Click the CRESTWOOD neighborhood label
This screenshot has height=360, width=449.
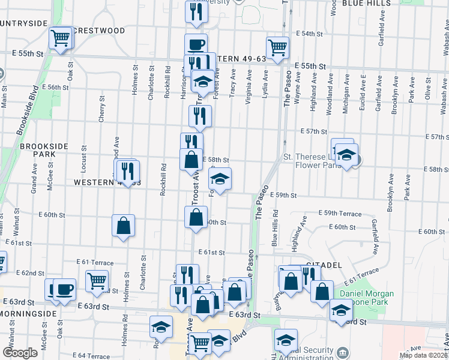pyautogui.click(x=99, y=31)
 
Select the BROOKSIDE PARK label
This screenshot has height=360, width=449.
pyautogui.click(x=37, y=150)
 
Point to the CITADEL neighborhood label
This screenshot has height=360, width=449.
pyautogui.click(x=324, y=265)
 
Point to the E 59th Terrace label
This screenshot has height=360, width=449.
pyautogui.click(x=340, y=213)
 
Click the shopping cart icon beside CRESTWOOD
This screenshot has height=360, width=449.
pyautogui.click(x=60, y=38)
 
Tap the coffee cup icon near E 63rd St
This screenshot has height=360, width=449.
pyautogui.click(x=64, y=289)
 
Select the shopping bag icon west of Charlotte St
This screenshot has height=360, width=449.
pyautogui.click(x=123, y=226)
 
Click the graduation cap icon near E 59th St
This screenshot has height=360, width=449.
pyautogui.click(x=220, y=179)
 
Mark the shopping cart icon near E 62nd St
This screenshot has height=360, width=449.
pyautogui.click(x=96, y=280)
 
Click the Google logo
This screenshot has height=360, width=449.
pyautogui.click(x=19, y=353)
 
